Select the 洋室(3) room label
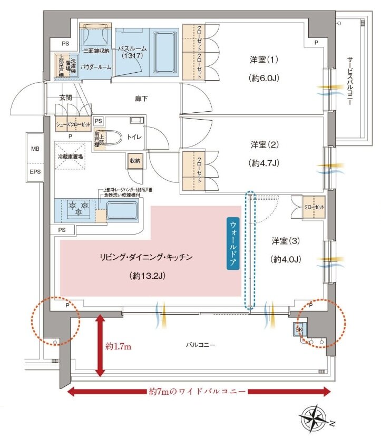pos(286,241)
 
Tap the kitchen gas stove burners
pos(76,207)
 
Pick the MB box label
pos(35,149)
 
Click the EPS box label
pos(35,172)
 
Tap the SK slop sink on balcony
pos(299,329)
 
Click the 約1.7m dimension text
pos(120,346)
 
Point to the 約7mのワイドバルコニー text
pos(199,392)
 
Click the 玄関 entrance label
pos(65,98)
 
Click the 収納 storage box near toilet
pos(134,161)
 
